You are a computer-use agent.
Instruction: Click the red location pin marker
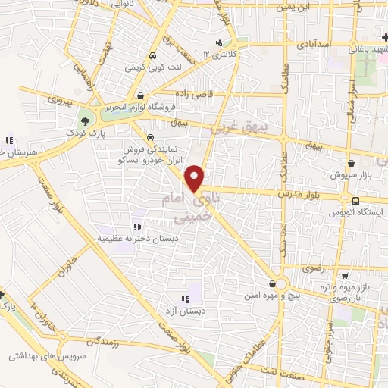pos(196,179)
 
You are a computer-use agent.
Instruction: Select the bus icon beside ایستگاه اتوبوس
pos(355,201)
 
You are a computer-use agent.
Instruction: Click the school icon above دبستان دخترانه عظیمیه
pos(136,226)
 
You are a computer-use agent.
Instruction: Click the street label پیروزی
pos(58,100)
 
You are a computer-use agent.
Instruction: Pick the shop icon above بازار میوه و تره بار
pos(345,276)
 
